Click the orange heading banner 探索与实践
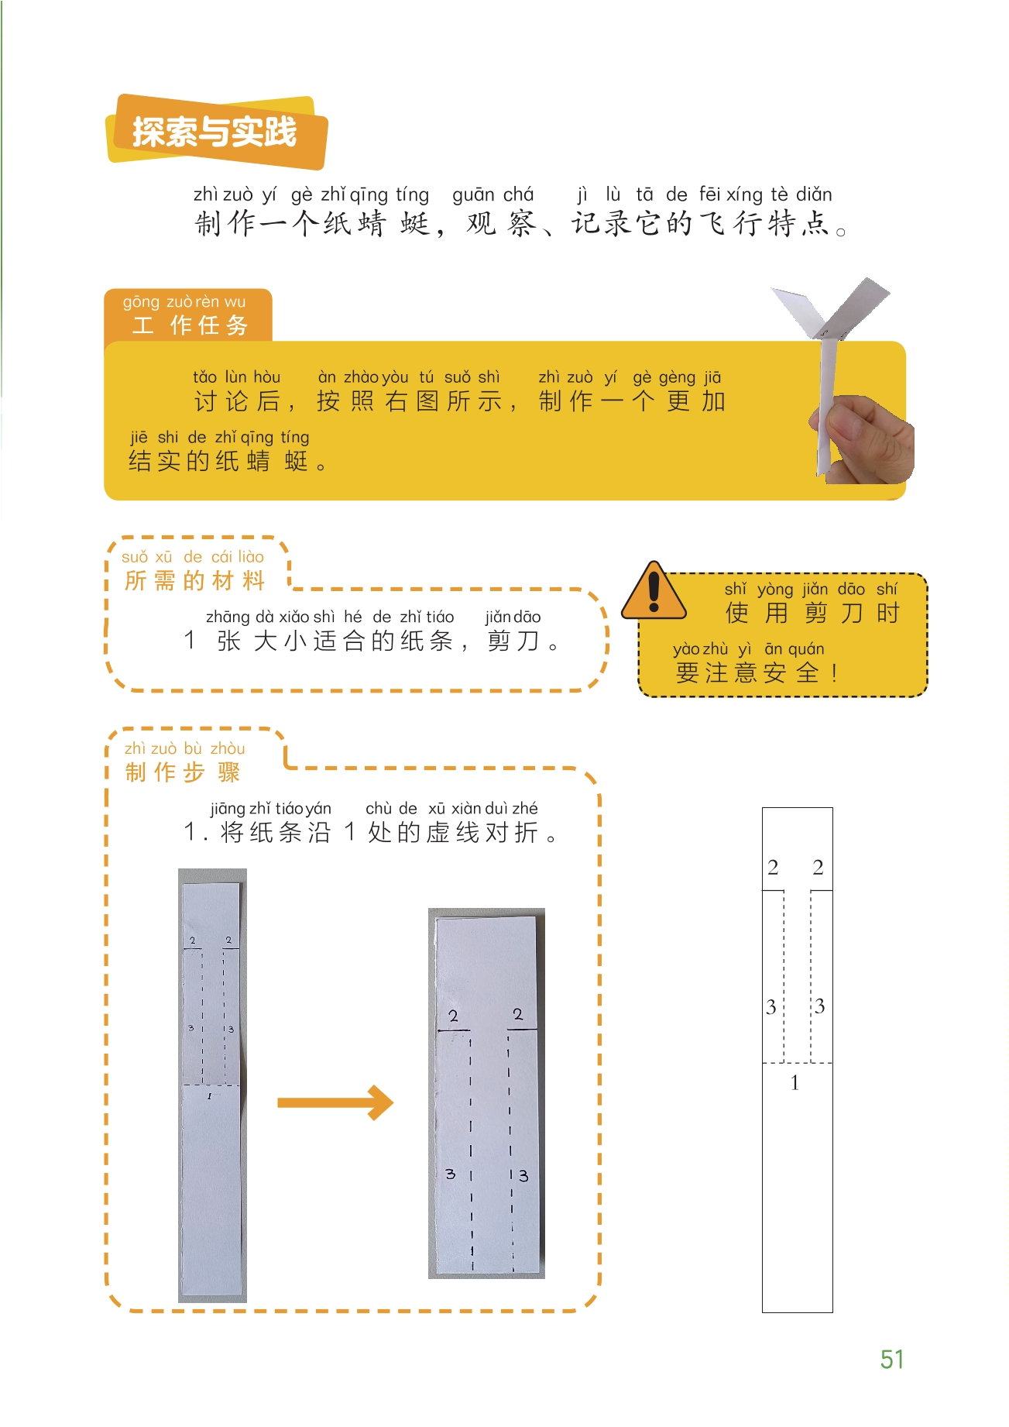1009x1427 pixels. click(217, 132)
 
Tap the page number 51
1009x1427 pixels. click(892, 1359)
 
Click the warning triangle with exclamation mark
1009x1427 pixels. click(654, 592)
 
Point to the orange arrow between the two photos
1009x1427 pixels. click(335, 1102)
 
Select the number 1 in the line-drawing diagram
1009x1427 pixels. click(795, 1082)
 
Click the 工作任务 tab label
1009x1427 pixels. click(190, 325)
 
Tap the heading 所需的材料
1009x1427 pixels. click(194, 580)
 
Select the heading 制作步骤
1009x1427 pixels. click(183, 772)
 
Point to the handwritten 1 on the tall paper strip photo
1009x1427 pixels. click(209, 1096)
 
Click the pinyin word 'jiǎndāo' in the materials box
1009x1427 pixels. click(513, 617)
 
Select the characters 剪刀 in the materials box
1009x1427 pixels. click(513, 641)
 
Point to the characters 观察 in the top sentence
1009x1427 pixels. click(500, 223)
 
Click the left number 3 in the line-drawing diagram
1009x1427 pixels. click(771, 1006)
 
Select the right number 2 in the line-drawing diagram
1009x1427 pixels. click(818, 867)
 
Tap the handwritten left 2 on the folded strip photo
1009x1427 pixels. click(453, 1016)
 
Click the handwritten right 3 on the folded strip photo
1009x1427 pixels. click(523, 1175)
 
